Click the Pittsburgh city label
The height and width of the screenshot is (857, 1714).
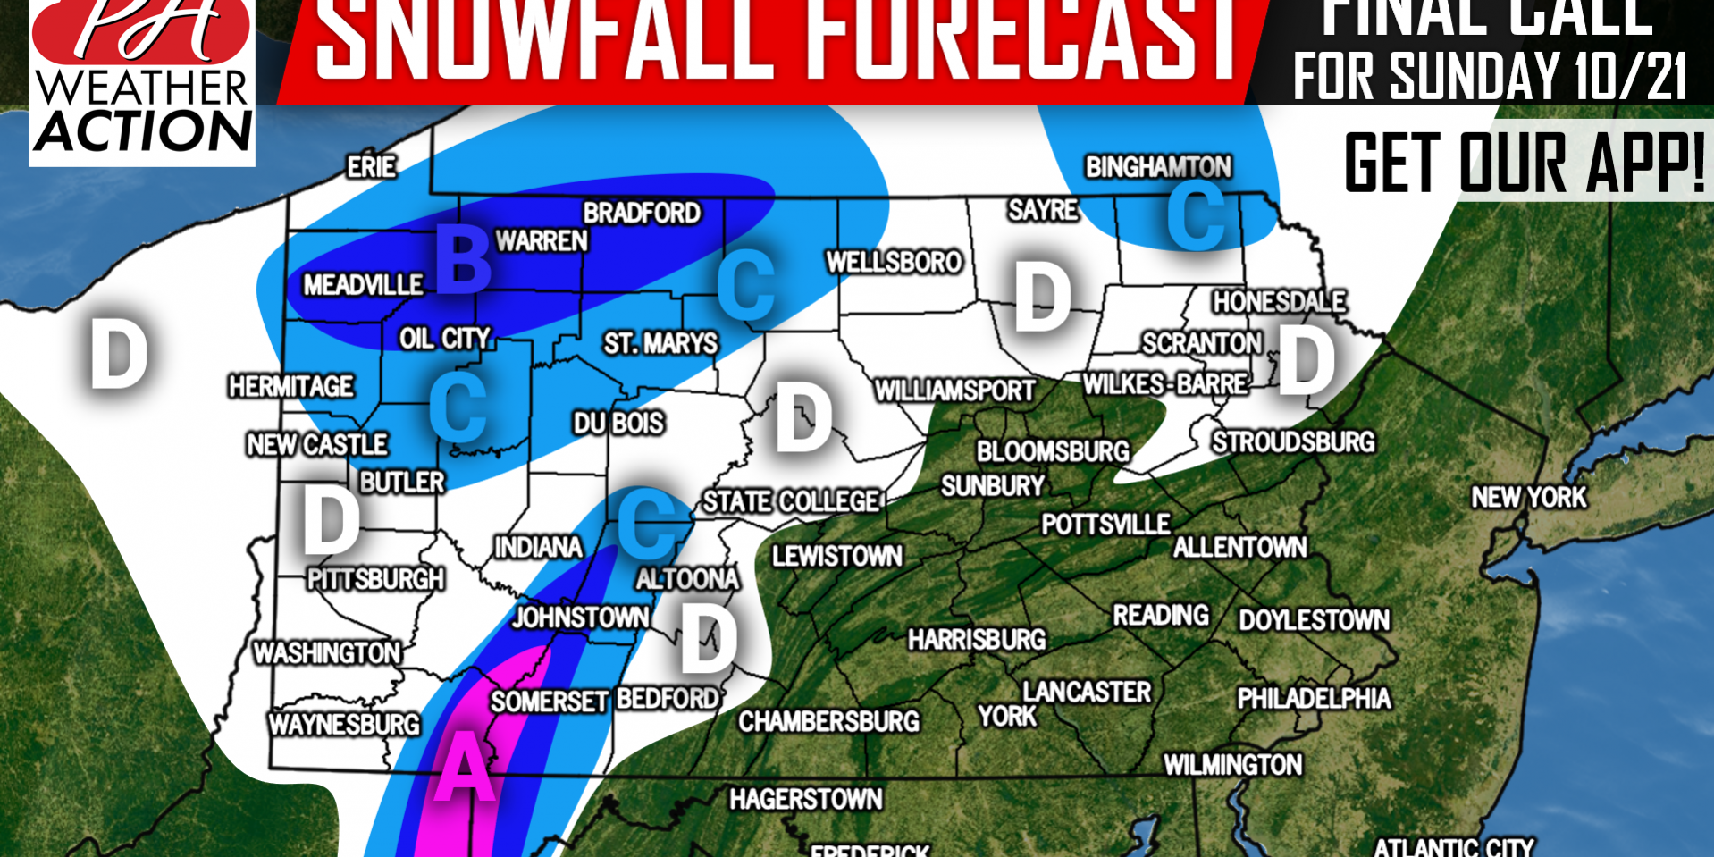point(375,580)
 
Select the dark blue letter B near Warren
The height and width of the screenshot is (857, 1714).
point(463,260)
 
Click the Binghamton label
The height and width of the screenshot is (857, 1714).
point(1158,167)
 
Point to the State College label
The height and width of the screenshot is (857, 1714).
point(791,501)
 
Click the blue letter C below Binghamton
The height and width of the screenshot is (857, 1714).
point(1196,216)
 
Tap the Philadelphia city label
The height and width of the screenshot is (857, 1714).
point(1314,698)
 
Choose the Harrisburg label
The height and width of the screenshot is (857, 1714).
point(977,640)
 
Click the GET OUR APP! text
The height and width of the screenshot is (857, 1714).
point(1525,163)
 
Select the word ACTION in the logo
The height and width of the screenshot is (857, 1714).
point(143,131)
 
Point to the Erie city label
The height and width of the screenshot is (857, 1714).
point(372,167)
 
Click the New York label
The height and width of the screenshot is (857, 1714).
point(1529,498)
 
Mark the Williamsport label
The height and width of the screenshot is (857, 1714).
point(954,391)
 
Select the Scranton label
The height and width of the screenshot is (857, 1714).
point(1201,343)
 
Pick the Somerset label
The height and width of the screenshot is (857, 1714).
point(549,702)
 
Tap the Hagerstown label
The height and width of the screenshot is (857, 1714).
point(805,799)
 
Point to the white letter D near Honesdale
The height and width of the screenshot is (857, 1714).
point(1306,360)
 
